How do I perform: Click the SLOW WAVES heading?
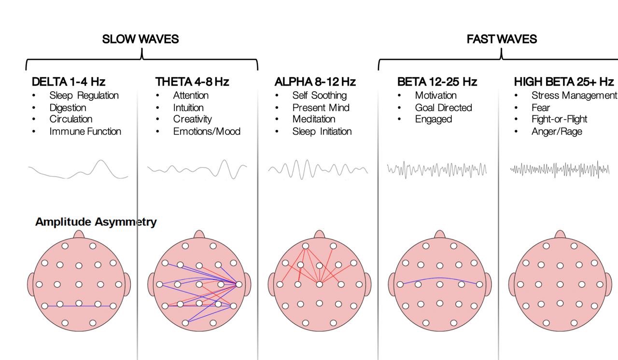click(x=140, y=39)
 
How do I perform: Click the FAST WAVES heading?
click(x=502, y=39)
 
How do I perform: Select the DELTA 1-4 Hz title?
click(x=69, y=82)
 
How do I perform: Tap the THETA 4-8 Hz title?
click(x=192, y=82)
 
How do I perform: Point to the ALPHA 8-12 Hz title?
click(x=315, y=82)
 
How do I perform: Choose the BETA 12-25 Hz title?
click(x=437, y=82)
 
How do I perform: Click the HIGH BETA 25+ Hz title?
click(x=563, y=82)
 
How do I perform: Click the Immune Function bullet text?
click(x=85, y=131)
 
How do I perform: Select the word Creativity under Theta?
click(x=192, y=119)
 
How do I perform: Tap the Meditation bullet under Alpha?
click(x=313, y=119)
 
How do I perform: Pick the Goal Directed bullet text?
click(x=443, y=108)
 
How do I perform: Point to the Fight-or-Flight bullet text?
click(x=559, y=119)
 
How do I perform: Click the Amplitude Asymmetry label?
click(x=96, y=222)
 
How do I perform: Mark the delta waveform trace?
click(x=78, y=171)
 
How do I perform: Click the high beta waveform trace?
click(x=560, y=169)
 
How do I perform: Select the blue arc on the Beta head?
click(x=440, y=278)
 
